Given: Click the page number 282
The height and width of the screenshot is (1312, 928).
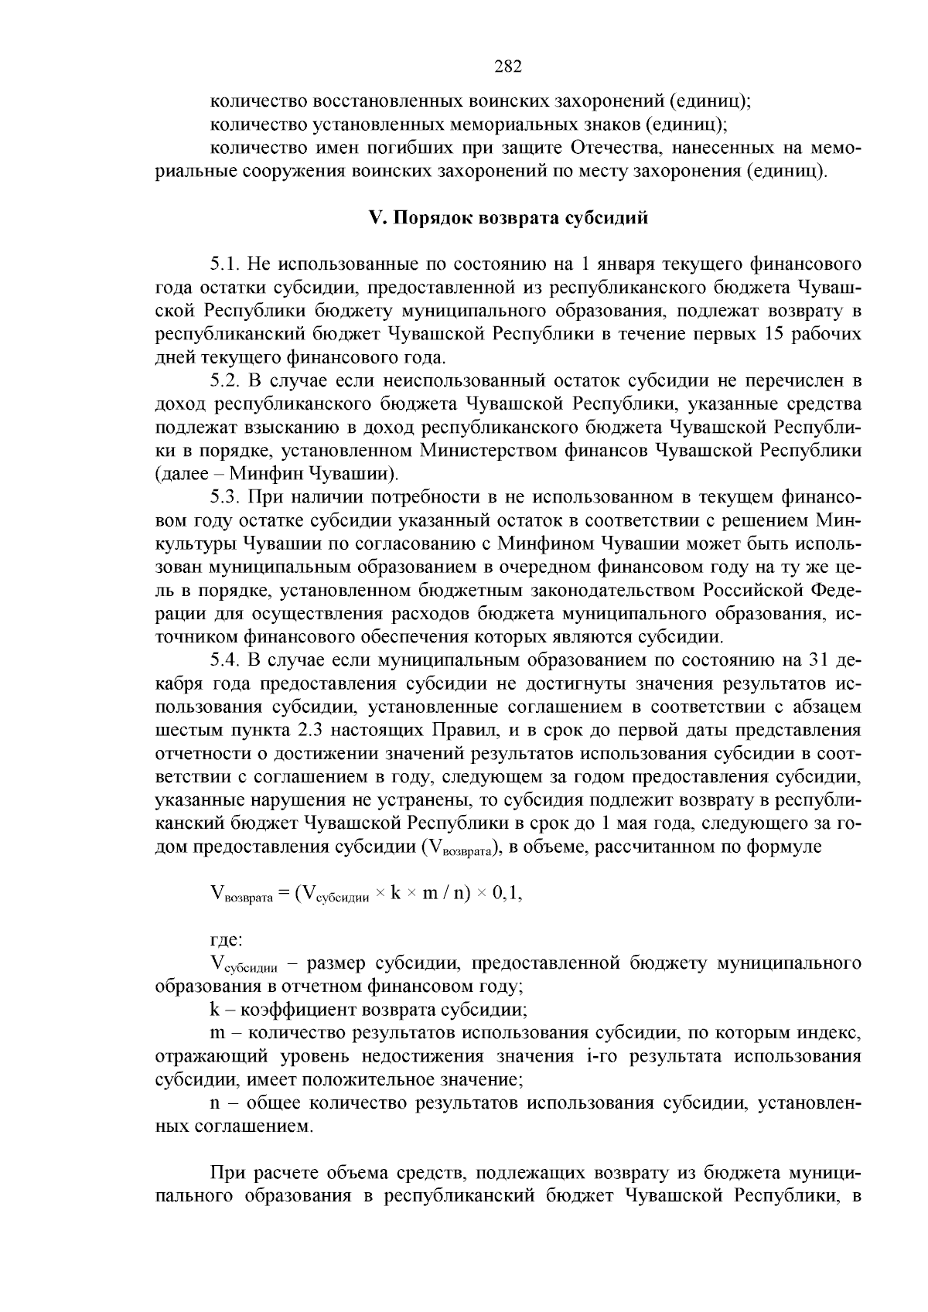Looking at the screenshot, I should tap(508, 66).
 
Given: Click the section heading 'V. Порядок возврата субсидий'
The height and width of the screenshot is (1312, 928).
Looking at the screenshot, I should tap(508, 218).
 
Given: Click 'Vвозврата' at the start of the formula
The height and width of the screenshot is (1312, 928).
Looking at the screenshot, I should tap(241, 895).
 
